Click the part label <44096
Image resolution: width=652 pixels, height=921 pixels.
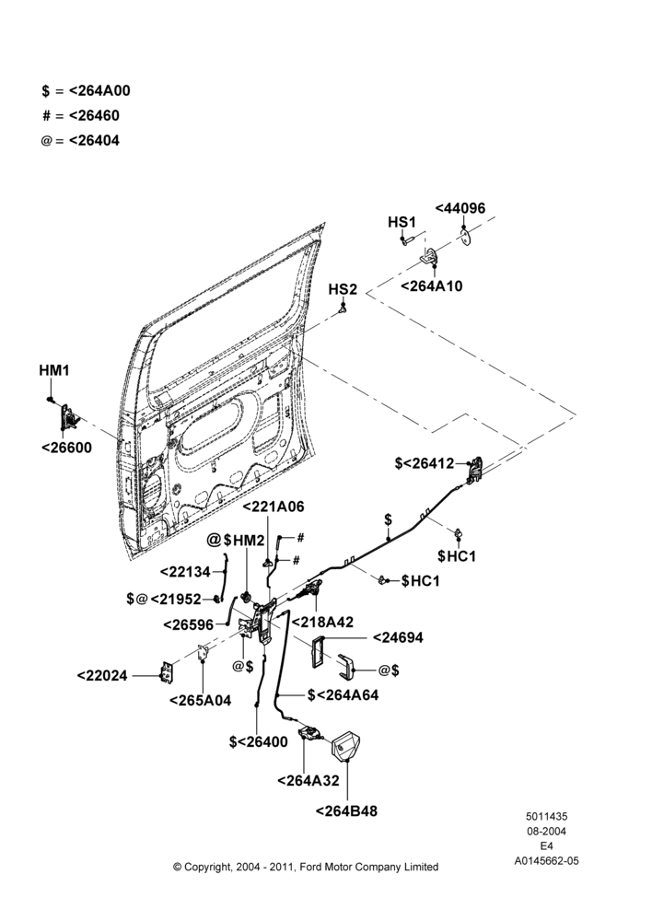click(460, 208)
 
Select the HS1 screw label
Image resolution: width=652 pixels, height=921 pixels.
click(402, 222)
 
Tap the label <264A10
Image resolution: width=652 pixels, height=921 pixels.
click(431, 286)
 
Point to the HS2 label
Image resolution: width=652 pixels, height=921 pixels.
click(343, 289)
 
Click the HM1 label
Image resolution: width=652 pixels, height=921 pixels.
click(54, 370)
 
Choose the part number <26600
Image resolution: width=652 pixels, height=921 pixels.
click(67, 448)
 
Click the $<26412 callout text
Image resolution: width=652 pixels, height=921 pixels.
click(425, 463)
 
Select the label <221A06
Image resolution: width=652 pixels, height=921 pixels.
click(274, 507)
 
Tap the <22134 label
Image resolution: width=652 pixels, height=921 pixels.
click(185, 572)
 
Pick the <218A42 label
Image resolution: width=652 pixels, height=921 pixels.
click(322, 622)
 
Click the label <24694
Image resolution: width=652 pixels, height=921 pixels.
click(398, 638)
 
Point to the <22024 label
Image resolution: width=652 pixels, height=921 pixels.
click(102, 676)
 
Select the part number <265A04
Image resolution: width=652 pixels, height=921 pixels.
click(201, 700)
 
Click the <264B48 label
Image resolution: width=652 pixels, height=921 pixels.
click(346, 811)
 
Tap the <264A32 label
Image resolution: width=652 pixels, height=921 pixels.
click(309, 781)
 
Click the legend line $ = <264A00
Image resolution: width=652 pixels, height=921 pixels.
click(87, 91)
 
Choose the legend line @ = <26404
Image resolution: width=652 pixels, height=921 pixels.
click(80, 141)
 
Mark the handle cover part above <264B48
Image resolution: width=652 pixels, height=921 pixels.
click(345, 745)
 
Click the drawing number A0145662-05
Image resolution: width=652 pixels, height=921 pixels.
click(546, 861)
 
